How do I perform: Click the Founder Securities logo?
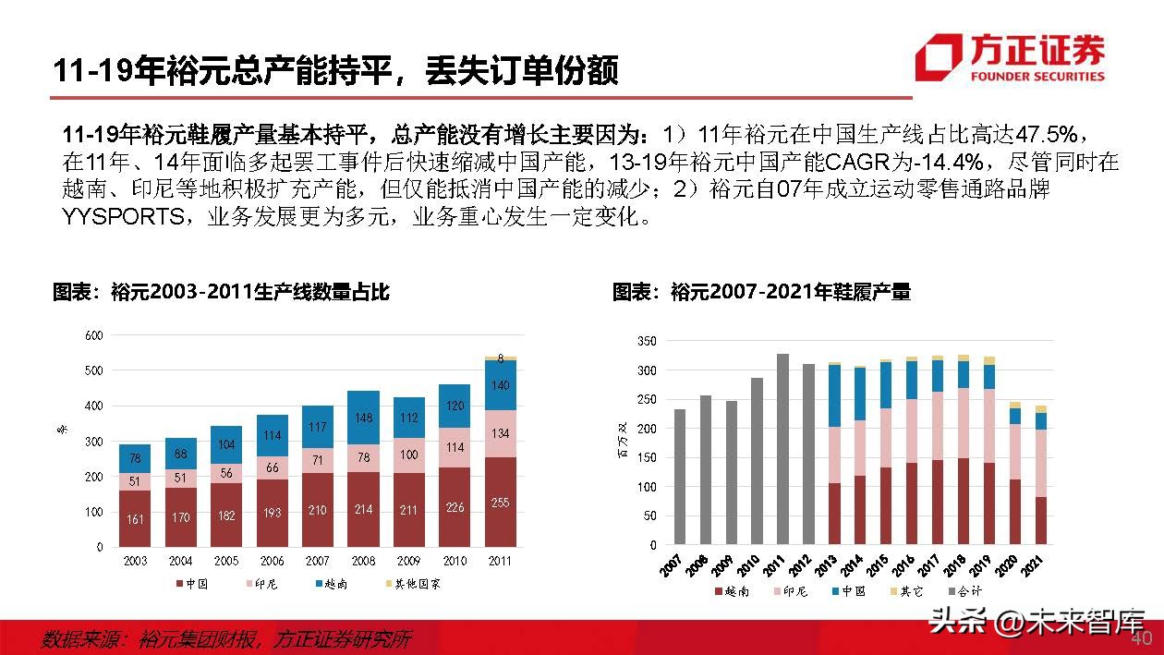1009,57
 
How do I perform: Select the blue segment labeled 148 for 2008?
363,418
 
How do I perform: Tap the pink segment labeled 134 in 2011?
500,434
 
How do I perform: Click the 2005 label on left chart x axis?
226,562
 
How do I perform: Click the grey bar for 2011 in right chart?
782,449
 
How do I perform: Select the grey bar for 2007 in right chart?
680,477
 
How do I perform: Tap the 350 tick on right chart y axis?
647,342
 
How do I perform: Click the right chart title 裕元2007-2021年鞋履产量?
761,293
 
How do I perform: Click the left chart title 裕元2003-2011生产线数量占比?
221,293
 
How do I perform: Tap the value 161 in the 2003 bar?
135,518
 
